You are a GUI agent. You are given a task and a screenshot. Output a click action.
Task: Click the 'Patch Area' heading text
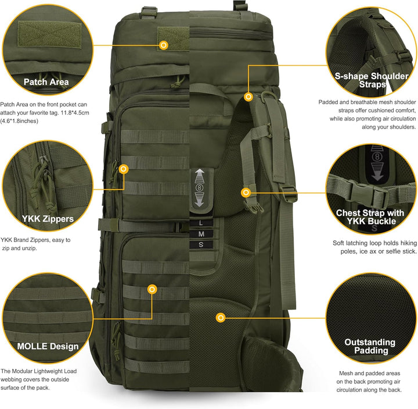coord(46,82)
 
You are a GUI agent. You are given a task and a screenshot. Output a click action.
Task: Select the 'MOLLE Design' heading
coord(48,346)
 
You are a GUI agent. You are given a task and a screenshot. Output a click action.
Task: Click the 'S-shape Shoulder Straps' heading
coord(372,80)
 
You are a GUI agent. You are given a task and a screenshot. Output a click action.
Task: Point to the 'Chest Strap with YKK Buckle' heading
coord(371,217)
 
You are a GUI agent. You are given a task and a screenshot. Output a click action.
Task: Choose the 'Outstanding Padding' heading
coord(370,346)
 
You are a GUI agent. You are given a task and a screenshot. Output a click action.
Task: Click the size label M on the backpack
coord(201,233)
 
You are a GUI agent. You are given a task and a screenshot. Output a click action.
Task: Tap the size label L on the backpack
coord(201,223)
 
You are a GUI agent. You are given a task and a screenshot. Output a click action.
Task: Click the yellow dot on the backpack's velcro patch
coord(164,45)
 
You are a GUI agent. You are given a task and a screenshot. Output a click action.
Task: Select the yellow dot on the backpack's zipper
coord(123,169)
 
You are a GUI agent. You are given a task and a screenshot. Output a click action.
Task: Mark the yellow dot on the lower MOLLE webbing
coord(152,289)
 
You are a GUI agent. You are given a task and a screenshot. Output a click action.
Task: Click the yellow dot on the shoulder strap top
coord(248,97)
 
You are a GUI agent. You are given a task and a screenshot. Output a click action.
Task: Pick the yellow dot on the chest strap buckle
coord(246,192)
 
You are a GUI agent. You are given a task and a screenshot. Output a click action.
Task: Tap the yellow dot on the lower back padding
coord(220,318)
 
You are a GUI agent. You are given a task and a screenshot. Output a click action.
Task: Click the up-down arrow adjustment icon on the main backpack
coord(200,188)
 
